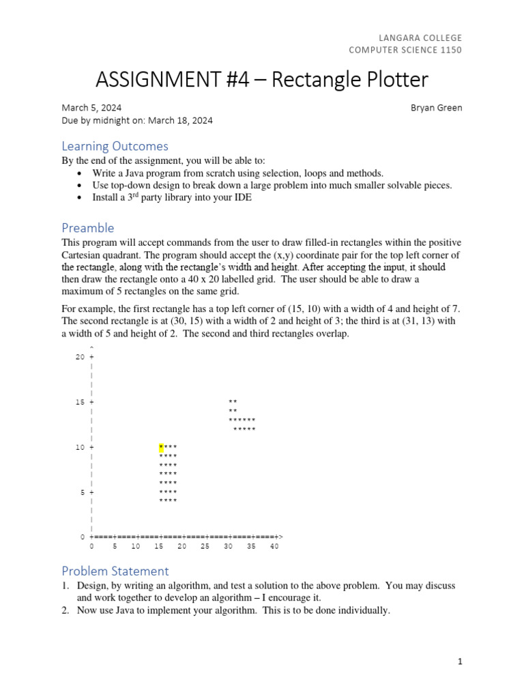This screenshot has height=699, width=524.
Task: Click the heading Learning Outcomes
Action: point(115,146)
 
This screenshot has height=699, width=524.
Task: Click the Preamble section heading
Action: point(88,227)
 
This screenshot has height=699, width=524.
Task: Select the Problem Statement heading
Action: point(115,571)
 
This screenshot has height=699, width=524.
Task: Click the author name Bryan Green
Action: point(437,108)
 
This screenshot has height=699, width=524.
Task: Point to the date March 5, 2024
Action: point(92,108)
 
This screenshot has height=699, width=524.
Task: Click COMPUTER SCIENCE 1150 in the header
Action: point(405,50)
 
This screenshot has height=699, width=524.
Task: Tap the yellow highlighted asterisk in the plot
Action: point(161,448)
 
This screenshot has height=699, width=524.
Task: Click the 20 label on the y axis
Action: point(80,357)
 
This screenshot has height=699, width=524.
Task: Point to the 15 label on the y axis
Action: point(80,402)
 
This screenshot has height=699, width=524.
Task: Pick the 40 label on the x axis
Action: point(274,547)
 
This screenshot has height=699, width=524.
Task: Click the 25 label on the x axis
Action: point(205,547)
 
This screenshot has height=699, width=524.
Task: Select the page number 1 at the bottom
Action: point(461,661)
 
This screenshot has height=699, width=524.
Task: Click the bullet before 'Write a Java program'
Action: point(81,173)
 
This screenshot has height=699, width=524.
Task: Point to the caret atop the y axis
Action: point(91,348)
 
